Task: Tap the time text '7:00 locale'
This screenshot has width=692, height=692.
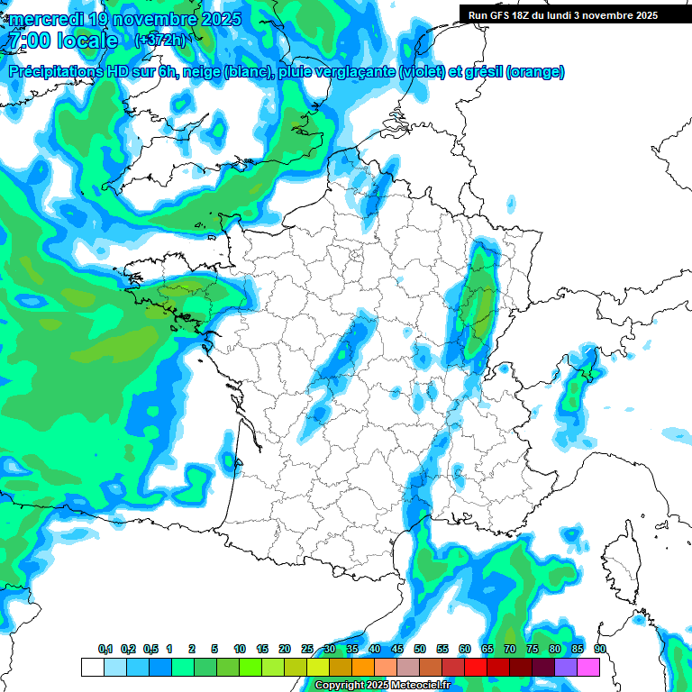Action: [x=61, y=41]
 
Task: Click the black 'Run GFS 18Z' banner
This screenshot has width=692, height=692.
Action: [x=562, y=15]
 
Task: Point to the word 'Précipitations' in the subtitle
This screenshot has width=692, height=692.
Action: [x=59, y=72]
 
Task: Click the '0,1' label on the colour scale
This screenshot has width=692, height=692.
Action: [x=105, y=650]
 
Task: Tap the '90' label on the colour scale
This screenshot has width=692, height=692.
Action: [x=599, y=650]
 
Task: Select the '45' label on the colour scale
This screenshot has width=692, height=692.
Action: [x=375, y=650]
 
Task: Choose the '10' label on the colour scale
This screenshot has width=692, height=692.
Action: [x=240, y=650]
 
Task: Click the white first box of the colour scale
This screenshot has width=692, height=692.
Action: [x=92, y=667]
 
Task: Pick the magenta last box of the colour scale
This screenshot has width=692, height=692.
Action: [x=588, y=667]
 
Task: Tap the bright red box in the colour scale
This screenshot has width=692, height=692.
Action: [x=476, y=667]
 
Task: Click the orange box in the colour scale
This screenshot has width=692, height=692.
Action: [x=363, y=667]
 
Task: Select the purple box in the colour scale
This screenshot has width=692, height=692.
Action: [x=566, y=667]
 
